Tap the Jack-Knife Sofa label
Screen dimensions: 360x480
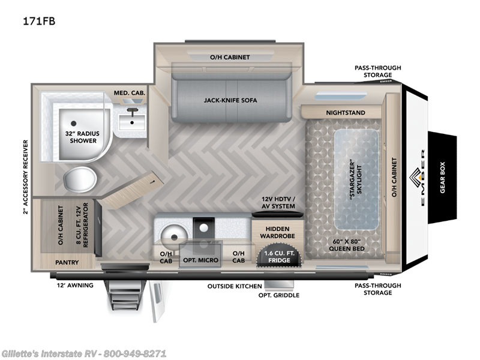pyautogui.click(x=230, y=100)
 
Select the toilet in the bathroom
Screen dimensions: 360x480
pyautogui.click(x=80, y=178)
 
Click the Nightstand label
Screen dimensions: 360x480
pyautogui.click(x=345, y=113)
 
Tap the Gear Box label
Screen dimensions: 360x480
pyautogui.click(x=443, y=178)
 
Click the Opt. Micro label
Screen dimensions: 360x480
pyautogui.click(x=201, y=260)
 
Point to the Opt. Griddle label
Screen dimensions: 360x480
pyautogui.click(x=278, y=295)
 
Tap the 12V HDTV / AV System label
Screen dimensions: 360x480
pyautogui.click(x=277, y=202)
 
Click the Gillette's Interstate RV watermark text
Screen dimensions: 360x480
pyautogui.click(x=83, y=353)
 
